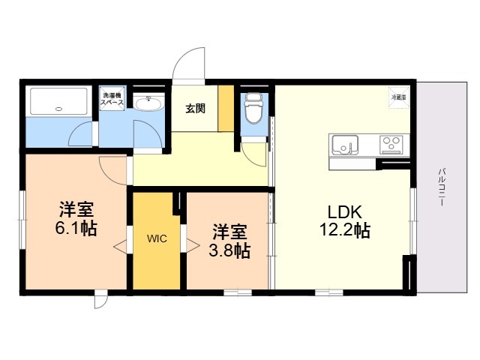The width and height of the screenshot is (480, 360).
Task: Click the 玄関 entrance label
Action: coord(196,107)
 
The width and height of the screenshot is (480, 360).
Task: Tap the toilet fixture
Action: coord(253,108)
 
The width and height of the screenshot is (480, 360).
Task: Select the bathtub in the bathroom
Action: coord(58,102)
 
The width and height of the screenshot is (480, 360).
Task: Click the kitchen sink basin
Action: coord(344,143)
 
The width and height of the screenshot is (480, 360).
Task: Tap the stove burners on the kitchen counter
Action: coord(391,142)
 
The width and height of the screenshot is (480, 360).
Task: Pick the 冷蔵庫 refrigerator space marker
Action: coord(397,97)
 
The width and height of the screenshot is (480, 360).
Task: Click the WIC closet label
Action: coord(157,239)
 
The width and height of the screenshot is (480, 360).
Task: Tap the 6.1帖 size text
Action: coord(75,229)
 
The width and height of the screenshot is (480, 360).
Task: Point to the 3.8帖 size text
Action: coord(229,250)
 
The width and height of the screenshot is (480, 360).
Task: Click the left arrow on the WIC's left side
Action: coord(119,244)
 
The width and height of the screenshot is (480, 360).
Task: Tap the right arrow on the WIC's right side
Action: coord(193,244)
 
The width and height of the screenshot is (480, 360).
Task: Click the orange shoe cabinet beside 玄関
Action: coord(225,108)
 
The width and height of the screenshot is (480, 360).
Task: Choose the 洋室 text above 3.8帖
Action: coord(228,229)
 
